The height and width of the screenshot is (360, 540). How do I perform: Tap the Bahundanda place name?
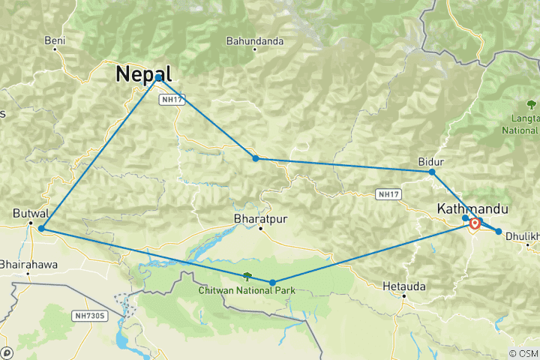[x=255, y=40]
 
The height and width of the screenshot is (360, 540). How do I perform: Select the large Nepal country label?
[x=143, y=73]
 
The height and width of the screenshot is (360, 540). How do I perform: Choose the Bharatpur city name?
[x=260, y=218]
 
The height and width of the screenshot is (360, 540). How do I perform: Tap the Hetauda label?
[x=403, y=286]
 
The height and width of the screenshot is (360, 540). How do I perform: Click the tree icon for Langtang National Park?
[x=532, y=104]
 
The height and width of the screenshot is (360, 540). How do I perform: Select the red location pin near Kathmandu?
[x=475, y=223]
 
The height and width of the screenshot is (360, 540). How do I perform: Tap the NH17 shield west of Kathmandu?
[x=387, y=194]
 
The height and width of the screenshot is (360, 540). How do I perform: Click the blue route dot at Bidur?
[x=432, y=172]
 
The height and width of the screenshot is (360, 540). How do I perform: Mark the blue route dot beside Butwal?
[x=41, y=228]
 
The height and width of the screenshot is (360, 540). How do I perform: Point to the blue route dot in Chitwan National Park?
[x=272, y=283]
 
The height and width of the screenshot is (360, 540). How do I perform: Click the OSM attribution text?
[x=523, y=353]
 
